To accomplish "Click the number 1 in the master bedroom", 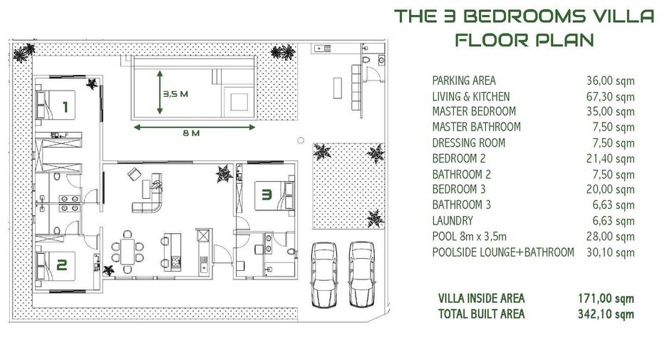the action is point(66,107).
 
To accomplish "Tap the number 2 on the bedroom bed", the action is point(62,265).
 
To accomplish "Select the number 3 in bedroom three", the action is point(267,195).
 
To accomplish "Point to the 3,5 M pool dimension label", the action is point(176,94).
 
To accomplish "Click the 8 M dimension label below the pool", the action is point(191,133).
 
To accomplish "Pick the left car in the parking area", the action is point(324,274).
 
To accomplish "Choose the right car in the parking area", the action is point(361,274).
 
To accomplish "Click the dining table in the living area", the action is point(128,252).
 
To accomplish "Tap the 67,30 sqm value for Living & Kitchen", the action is point(611,97).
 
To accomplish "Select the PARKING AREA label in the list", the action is point(464,81).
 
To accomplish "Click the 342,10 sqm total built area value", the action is point(606,314).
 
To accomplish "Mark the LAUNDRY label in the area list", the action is point(453,221).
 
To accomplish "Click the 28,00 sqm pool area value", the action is point(611,237).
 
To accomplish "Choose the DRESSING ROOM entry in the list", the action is point(469,143).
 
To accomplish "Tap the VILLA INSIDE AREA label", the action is point(482,298).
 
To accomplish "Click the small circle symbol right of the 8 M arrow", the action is point(301,140).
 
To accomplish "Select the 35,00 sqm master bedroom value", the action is point(611,112).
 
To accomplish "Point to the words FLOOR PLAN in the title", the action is point(524,40).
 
